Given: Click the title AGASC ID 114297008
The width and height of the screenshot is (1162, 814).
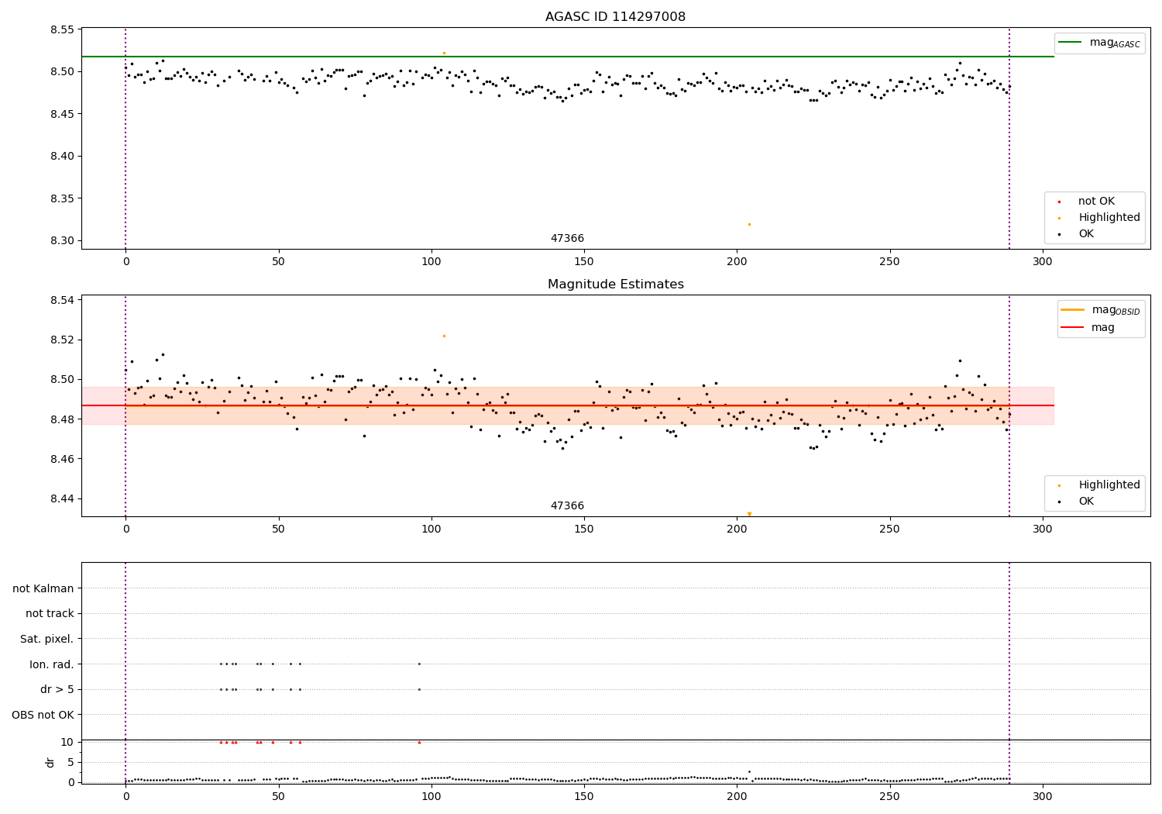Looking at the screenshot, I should (615, 17).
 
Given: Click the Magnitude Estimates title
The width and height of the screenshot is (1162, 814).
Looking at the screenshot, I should (615, 285).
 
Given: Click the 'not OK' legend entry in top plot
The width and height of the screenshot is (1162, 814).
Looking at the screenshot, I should (1096, 202).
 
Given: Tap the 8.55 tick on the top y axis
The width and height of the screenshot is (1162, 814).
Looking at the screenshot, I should (61, 30).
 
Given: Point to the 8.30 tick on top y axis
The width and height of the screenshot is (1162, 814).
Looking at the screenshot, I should (61, 240).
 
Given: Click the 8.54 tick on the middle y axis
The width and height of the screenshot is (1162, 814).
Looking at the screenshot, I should (61, 300).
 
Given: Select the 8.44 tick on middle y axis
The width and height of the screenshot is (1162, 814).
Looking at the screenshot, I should (61, 498).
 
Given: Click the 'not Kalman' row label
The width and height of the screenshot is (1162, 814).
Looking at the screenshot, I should (43, 588).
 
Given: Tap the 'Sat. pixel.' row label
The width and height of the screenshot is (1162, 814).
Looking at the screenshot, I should (47, 639).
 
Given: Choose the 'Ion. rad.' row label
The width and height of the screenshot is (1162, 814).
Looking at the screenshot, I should (52, 664).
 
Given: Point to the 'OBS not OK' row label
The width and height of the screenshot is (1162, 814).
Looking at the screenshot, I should (43, 715).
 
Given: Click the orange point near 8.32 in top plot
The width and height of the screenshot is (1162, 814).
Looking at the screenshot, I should (749, 224).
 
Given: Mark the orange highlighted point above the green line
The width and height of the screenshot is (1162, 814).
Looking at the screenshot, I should (444, 53).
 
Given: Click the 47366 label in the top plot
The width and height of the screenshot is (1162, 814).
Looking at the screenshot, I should (567, 238).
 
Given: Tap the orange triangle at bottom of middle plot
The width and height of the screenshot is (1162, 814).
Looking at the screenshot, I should (749, 513).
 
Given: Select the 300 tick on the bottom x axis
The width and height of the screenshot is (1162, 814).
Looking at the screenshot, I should (1043, 795).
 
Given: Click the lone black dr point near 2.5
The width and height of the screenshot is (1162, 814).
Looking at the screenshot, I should (749, 771).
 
